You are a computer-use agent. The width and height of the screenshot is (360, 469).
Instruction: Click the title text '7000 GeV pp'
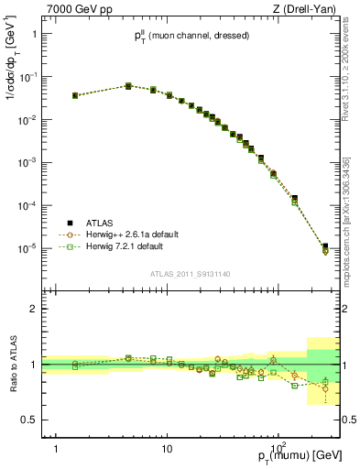(74, 8)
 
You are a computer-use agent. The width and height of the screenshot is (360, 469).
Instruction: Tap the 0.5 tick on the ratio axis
(30, 420)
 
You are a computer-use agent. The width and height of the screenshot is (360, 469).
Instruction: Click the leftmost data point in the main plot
(75, 95)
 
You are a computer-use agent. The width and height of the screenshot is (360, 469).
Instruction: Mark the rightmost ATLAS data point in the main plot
(325, 246)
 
